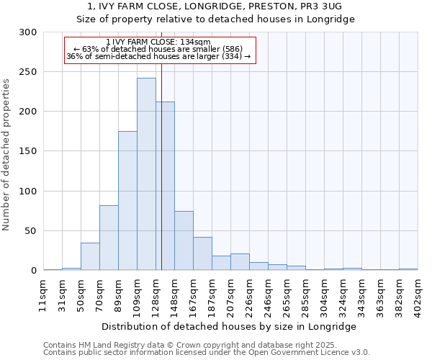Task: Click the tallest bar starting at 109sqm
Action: coord(146,174)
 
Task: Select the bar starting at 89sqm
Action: coord(127,201)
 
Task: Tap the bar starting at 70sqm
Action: coord(109,238)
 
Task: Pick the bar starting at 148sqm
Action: coord(184,240)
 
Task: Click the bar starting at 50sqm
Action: coord(90,256)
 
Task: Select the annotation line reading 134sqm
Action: coord(158,42)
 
